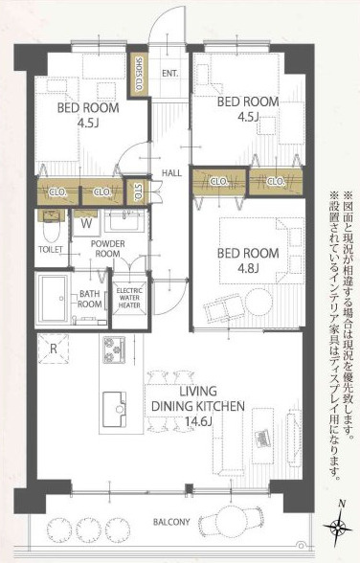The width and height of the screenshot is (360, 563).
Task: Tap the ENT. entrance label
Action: coord(171,74)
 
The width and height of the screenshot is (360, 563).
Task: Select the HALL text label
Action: coord(172,172)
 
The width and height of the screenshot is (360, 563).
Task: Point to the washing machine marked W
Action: coord(87,223)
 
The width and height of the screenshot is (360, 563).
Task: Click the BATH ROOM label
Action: coord(90,299)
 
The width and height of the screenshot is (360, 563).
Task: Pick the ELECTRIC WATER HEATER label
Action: coord(129,301)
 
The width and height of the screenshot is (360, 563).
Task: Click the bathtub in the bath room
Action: coord(53,300)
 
